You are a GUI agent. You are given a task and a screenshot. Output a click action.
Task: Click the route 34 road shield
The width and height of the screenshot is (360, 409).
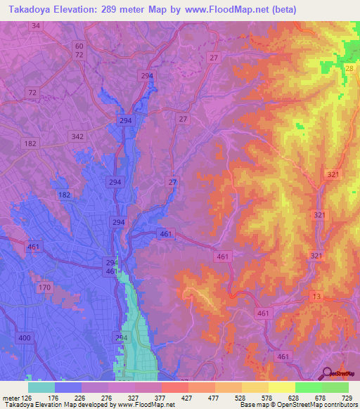coord(36,25)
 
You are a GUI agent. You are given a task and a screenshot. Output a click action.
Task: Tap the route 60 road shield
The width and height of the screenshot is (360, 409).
coord(79,45)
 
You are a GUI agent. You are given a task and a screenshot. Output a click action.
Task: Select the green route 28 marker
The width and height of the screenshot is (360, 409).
coord(349,67)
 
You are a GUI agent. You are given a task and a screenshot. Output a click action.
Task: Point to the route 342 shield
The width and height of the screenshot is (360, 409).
coord(78,136)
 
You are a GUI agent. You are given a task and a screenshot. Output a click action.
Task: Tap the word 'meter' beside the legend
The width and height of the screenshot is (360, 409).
coord(8,397)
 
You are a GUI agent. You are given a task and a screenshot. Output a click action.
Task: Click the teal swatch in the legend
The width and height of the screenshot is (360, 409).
coord(41,387)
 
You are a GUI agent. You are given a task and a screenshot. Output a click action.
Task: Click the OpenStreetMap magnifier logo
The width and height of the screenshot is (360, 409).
coord(327,373)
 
